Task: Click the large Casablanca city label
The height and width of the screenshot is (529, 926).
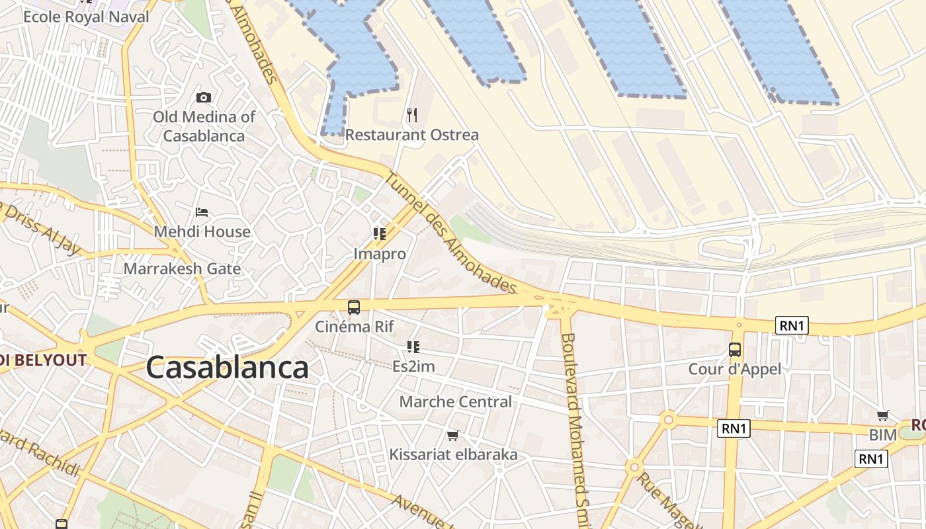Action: pos(227,368)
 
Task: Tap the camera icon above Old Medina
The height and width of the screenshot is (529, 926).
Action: pos(204,97)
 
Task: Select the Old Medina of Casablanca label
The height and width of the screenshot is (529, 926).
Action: pos(204,126)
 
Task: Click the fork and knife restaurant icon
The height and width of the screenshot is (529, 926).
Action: pos(412,115)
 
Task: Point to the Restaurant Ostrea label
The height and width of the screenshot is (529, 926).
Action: pos(411,135)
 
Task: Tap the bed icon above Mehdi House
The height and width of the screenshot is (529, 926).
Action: pos(202,212)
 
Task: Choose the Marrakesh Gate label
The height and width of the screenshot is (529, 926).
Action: pos(182,269)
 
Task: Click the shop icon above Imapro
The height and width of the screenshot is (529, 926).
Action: pos(379,233)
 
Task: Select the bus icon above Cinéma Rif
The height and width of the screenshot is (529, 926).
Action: pos(354,307)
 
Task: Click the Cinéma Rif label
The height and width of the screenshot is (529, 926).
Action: pos(354,326)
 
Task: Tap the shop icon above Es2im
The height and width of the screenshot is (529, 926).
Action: pos(413,346)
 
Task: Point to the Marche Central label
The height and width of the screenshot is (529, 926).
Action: pos(455,401)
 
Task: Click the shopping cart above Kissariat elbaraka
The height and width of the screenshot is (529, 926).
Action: pos(453,435)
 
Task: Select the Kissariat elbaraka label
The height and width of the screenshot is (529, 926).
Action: pos(453,455)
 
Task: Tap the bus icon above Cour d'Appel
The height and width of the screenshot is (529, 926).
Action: pos(735,350)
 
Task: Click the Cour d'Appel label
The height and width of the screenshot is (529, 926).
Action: pos(735,369)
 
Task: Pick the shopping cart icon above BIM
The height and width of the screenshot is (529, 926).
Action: pos(883,415)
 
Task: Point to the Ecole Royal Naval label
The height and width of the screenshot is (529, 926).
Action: pos(86,17)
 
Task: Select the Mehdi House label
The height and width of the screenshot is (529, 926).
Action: pos(202,231)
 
